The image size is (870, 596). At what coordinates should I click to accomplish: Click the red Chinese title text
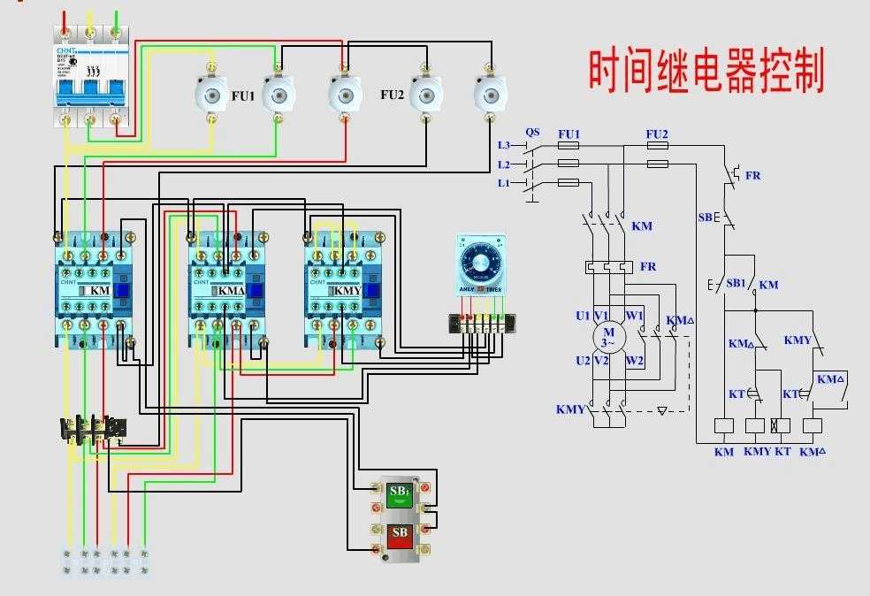click(706, 71)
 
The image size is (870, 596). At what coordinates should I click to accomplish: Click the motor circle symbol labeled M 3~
click(607, 337)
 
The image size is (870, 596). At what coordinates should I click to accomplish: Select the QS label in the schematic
click(532, 133)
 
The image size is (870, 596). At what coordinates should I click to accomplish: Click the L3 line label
click(504, 144)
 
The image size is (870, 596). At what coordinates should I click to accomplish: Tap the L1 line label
click(504, 182)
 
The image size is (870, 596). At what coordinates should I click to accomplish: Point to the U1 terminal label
click(582, 316)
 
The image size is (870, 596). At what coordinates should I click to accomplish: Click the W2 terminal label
click(634, 361)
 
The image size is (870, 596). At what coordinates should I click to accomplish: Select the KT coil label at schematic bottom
click(782, 452)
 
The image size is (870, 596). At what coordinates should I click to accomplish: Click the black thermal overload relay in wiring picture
click(92, 430)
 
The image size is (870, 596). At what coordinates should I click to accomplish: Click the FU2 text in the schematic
click(656, 134)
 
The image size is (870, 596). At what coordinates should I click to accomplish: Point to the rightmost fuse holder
click(487, 91)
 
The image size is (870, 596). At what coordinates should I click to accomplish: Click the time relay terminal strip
click(481, 324)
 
